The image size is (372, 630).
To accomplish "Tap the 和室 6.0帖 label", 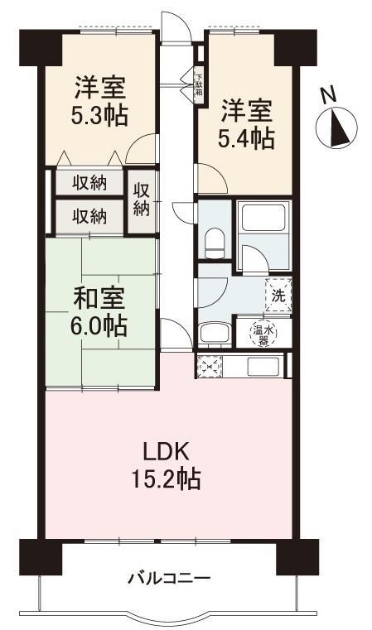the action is click(x=99, y=312).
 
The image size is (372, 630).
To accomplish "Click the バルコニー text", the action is click(x=169, y=579).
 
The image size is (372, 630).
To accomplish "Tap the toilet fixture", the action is click(x=215, y=244).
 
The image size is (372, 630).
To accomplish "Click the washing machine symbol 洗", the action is click(x=278, y=296).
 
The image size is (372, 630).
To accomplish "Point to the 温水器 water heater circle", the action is click(x=263, y=333).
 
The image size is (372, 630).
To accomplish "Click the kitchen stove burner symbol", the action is click(x=210, y=366).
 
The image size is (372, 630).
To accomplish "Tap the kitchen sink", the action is click(x=263, y=367).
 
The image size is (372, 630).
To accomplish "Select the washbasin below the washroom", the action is click(x=215, y=334).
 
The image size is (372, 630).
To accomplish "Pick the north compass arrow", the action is click(x=337, y=128).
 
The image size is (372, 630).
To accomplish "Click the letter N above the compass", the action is click(x=329, y=95).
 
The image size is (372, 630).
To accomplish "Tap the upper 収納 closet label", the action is click(x=89, y=183).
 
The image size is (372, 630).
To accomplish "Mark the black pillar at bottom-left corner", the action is click(x=41, y=557).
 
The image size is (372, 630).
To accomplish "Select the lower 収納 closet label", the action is click(x=89, y=217).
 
